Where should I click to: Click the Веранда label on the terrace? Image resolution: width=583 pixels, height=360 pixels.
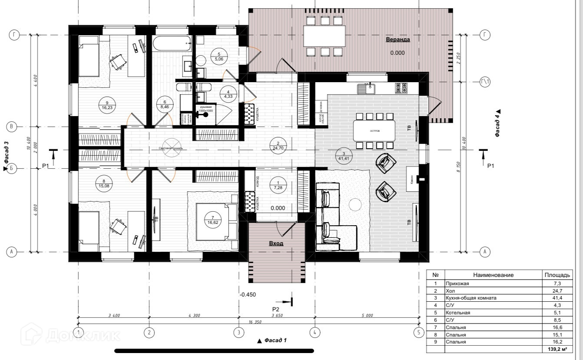[x=397, y=40]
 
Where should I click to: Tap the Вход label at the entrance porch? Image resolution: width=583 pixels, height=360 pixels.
[x=276, y=243]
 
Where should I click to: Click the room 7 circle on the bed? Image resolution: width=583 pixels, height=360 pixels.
[x=212, y=220]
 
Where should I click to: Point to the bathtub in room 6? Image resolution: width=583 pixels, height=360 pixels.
[x=172, y=43]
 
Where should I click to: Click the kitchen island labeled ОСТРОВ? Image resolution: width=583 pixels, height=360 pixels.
[x=374, y=130]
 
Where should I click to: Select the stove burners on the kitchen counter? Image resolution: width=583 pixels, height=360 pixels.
[x=401, y=88]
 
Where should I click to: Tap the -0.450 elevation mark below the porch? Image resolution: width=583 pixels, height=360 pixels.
[x=248, y=294]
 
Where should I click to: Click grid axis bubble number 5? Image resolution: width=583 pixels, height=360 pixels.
[x=419, y=333]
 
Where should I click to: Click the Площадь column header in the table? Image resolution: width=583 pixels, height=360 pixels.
[x=557, y=275]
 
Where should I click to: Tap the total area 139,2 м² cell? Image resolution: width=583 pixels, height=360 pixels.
[x=557, y=349]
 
